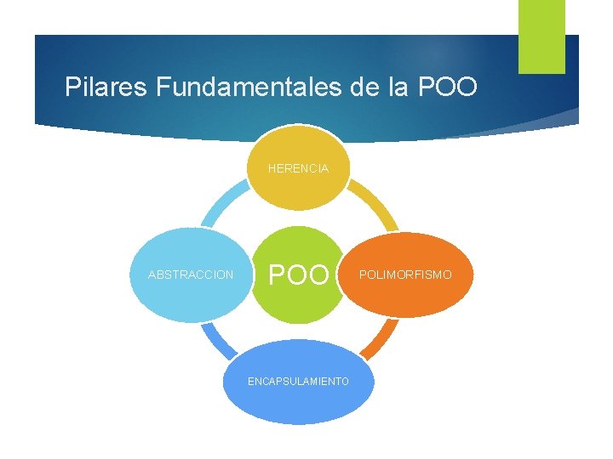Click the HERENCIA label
298,169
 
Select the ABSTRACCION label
191,275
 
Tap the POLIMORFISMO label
405,275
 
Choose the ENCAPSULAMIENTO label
298,382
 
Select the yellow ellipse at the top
298,153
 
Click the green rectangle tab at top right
541,36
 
